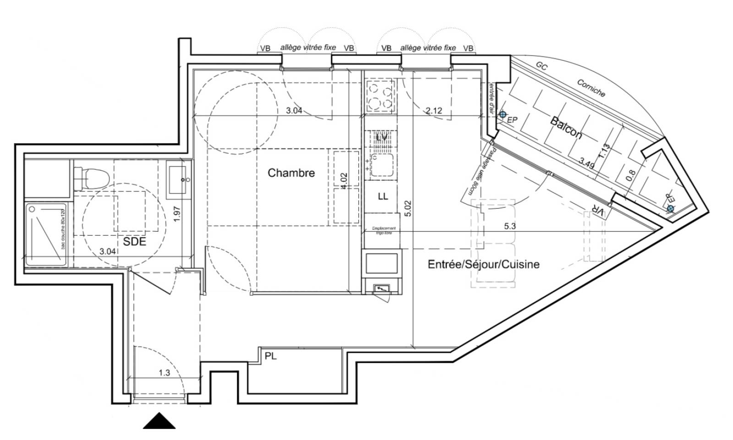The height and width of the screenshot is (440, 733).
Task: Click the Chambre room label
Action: coord(291,173)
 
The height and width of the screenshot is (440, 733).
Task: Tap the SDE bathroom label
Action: coord(134,241)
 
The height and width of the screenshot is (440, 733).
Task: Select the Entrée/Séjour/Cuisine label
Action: coord(483,264)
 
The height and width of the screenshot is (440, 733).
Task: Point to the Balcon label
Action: coord(566,128)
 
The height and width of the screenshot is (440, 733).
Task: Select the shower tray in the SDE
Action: coord(46,234)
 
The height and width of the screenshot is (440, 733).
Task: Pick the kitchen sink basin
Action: coord(382,165)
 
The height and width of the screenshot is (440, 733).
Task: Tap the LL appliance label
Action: coord(383,196)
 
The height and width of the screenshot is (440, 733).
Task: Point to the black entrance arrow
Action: coord(159,421)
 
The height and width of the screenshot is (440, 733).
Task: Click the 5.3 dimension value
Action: coord(509,226)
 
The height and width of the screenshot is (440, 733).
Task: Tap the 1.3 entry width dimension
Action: coord(164,373)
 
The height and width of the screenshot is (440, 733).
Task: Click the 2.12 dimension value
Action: coord(434,110)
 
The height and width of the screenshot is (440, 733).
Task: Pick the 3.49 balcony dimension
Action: coord(587,162)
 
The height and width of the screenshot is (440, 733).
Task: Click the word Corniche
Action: coord(591,88)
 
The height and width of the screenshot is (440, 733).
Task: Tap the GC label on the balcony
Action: coord(542,66)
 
